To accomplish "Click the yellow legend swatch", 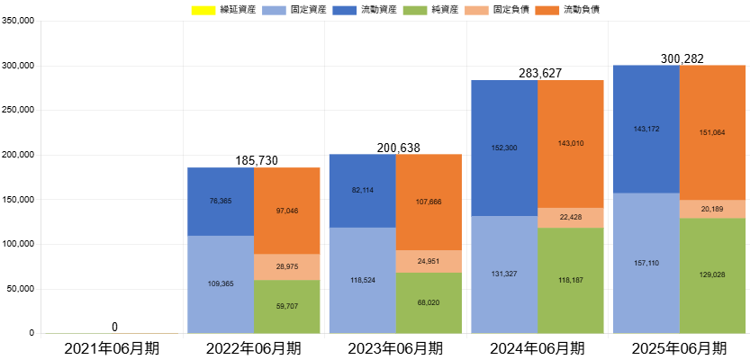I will [x=203, y=11].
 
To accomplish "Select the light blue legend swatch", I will [x=274, y=11].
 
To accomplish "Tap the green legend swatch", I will [x=414, y=11].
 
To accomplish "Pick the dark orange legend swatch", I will [x=547, y=11].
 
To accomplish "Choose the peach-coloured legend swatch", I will [x=476, y=11].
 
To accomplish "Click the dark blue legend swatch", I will [x=344, y=11].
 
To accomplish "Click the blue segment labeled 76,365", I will [x=220, y=201].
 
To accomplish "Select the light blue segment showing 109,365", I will [x=220, y=284].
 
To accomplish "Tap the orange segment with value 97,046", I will [x=286, y=211].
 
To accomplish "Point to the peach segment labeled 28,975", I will [x=286, y=266].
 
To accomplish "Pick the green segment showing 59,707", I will [x=286, y=306].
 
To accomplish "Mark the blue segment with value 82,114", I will [x=361, y=190].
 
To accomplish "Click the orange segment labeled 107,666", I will [x=429, y=202].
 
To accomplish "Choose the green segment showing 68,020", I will [x=429, y=303].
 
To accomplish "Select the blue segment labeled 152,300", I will [x=503, y=148].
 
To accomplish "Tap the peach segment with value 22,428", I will [x=571, y=217].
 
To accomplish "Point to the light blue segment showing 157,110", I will [x=646, y=263].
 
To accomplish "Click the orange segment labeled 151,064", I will [x=712, y=132].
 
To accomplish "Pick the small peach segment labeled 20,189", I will [x=712, y=209].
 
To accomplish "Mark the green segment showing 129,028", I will [x=712, y=275].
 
